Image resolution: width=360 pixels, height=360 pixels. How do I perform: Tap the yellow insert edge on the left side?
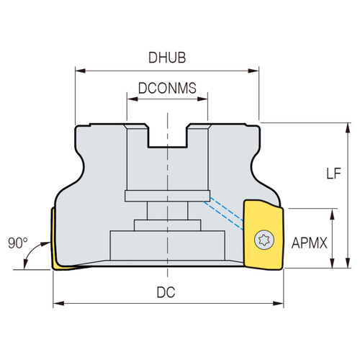point(54,241)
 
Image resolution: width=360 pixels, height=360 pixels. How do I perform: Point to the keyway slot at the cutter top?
point(167,137)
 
